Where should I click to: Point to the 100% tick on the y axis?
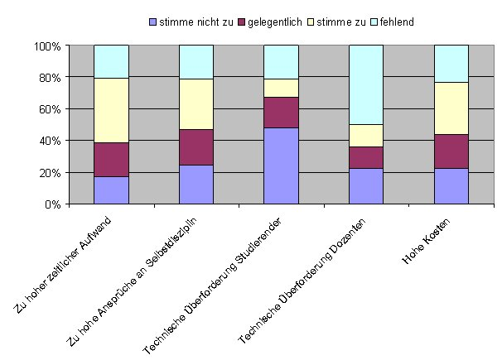(47, 46)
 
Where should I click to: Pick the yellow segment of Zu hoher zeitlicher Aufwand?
(111, 110)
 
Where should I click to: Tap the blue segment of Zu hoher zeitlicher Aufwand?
(111, 190)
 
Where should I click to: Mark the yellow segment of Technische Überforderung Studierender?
(281, 88)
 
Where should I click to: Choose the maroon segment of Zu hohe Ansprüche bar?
(196, 147)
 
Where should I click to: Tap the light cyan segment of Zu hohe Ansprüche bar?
(196, 62)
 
